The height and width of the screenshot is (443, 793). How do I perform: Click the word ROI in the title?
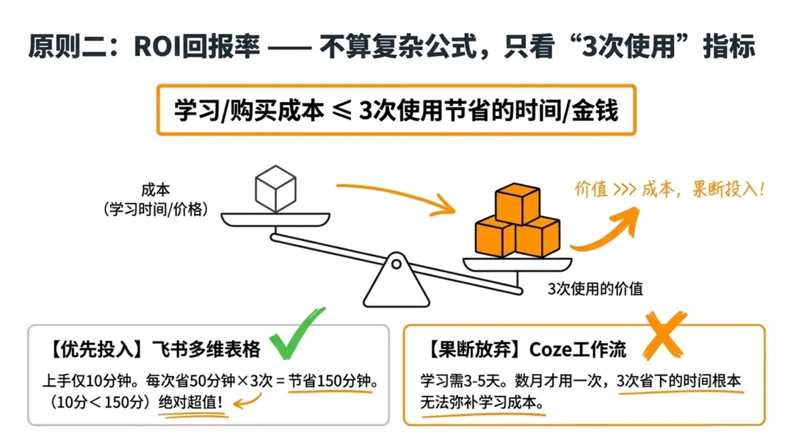tap(157, 46)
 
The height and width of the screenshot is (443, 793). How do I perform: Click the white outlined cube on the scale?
tap(275, 189)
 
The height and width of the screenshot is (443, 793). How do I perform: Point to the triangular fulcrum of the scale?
tap(396, 280)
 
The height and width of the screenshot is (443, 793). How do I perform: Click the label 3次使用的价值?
tap(595, 289)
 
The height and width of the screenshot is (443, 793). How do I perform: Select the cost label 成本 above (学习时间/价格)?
tap(156, 190)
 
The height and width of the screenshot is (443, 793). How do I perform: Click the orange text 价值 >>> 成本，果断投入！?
tap(668, 189)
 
